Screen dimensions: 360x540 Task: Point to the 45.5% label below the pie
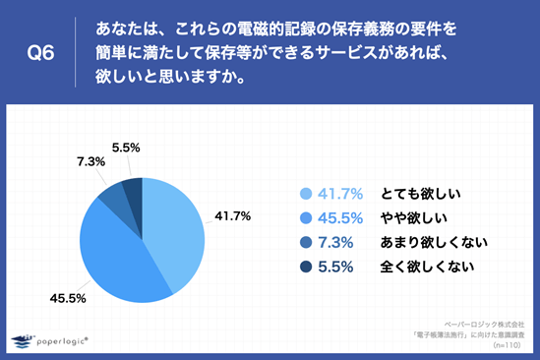click(x=60, y=297)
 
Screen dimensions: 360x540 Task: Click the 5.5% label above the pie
click(x=126, y=148)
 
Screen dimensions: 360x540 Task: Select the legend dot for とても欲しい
click(x=305, y=194)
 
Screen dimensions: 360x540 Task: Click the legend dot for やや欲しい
click(x=305, y=217)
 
